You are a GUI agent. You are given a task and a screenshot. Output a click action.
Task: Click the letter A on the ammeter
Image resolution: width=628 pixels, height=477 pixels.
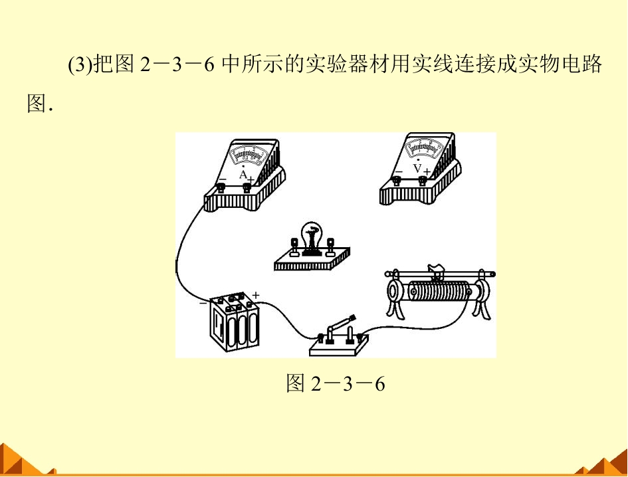click(x=243, y=175)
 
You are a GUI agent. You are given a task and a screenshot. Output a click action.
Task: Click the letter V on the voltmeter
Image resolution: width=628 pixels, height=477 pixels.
click(x=417, y=168)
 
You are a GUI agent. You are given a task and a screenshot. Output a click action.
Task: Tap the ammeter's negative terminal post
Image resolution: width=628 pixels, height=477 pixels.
click(x=221, y=187)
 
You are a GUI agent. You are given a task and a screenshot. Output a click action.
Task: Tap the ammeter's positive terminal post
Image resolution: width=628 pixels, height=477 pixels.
click(x=247, y=187)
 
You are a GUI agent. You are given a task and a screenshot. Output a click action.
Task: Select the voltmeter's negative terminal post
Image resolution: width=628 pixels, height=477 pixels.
click(x=397, y=181)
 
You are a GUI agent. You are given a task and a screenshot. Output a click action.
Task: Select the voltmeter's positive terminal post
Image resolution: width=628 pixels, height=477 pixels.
click(x=422, y=181)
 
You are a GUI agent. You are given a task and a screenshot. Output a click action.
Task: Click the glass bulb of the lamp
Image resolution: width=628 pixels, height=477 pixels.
click(x=312, y=235)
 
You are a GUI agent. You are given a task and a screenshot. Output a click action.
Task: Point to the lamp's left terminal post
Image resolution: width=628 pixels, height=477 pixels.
click(x=294, y=246)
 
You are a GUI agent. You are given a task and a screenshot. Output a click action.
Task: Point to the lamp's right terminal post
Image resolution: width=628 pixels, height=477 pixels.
click(x=330, y=246)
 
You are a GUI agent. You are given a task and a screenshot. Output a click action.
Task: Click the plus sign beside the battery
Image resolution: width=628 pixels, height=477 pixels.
click(x=256, y=295)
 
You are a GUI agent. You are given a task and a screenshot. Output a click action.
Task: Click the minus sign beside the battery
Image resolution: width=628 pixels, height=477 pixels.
click(x=203, y=303)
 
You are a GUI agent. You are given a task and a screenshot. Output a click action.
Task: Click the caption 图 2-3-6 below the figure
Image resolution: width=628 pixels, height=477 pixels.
click(x=336, y=383)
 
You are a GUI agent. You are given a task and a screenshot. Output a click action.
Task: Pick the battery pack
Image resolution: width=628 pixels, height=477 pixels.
click(x=235, y=322)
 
